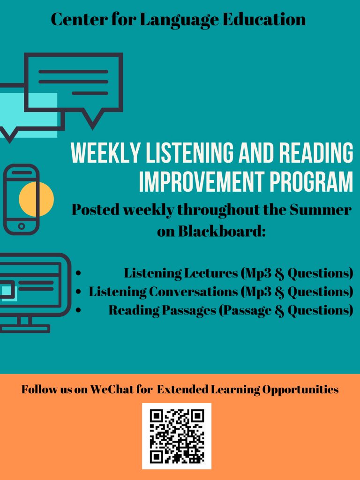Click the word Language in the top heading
(x=180, y=20)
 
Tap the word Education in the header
(x=264, y=19)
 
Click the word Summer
(x=321, y=210)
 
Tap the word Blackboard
(x=222, y=231)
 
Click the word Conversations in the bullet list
(x=194, y=292)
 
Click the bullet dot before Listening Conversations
(x=78, y=292)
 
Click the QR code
(x=177, y=436)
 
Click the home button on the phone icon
(x=22, y=226)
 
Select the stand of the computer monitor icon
(x=24, y=324)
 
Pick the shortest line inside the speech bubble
(x=90, y=93)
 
